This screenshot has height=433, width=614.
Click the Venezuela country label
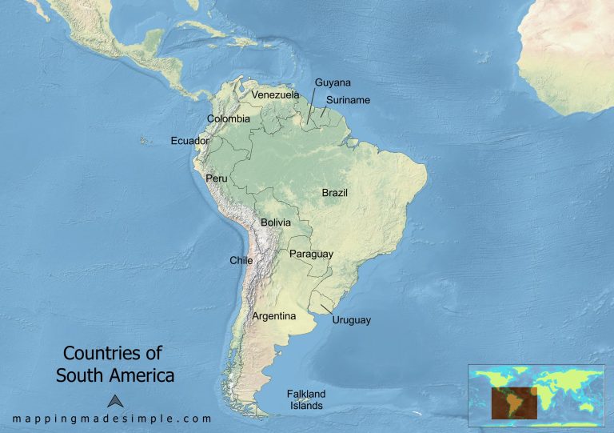tap(275, 94)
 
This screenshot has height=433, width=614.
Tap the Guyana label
tap(333, 82)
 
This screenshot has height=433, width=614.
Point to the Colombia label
tap(229, 119)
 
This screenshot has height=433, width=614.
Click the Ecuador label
tap(189, 141)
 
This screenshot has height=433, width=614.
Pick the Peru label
tap(217, 178)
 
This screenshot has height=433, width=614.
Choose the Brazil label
tap(335, 193)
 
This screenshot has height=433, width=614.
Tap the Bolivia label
tap(275, 223)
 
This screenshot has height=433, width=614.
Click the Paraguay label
tap(311, 254)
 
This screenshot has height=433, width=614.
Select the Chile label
tap(241, 260)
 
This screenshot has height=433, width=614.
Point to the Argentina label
tap(274, 316)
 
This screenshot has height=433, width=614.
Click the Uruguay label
tap(351, 320)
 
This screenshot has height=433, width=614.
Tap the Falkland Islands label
tap(307, 399)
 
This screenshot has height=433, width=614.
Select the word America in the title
tap(143, 374)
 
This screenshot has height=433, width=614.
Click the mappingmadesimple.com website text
tap(112, 419)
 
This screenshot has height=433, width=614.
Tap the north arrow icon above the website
tap(114, 402)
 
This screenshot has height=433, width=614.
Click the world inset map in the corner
tap(536, 393)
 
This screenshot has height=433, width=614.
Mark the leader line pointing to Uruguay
tap(326, 309)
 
